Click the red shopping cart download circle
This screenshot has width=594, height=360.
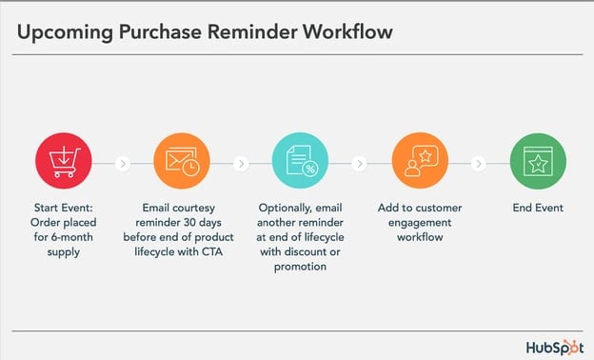point(65,163)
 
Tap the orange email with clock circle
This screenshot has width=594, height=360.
point(181,163)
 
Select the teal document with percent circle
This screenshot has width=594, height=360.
point(300,163)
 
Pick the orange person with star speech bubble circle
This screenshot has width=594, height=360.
point(419,163)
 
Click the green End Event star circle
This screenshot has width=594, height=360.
point(536,163)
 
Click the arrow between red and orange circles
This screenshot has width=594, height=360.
point(123,164)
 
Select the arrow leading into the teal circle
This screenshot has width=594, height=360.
point(241,164)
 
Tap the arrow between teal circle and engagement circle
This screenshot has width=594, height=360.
point(359,164)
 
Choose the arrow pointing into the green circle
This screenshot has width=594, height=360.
point(478,164)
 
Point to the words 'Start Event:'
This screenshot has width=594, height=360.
point(64,208)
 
